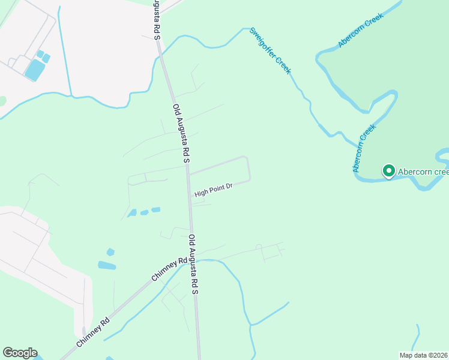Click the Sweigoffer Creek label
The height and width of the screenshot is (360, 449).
(271, 51)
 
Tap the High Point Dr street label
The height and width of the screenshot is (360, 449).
(213, 190)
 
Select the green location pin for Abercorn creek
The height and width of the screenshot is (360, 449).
(388, 172)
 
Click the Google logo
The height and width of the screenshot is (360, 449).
(20, 353)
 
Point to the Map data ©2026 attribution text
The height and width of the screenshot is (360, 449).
(423, 355)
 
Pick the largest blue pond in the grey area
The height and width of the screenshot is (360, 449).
(34, 71)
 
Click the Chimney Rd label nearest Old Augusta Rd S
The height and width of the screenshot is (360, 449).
(170, 269)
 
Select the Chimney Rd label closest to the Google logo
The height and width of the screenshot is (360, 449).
(93, 331)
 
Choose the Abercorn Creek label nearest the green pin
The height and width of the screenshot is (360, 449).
(364, 148)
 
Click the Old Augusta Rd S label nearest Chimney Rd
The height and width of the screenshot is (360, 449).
(193, 263)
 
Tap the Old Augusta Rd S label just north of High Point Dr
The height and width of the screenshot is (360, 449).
(181, 134)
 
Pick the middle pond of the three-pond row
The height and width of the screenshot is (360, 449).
(144, 212)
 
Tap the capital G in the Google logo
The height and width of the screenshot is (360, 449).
(8, 353)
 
